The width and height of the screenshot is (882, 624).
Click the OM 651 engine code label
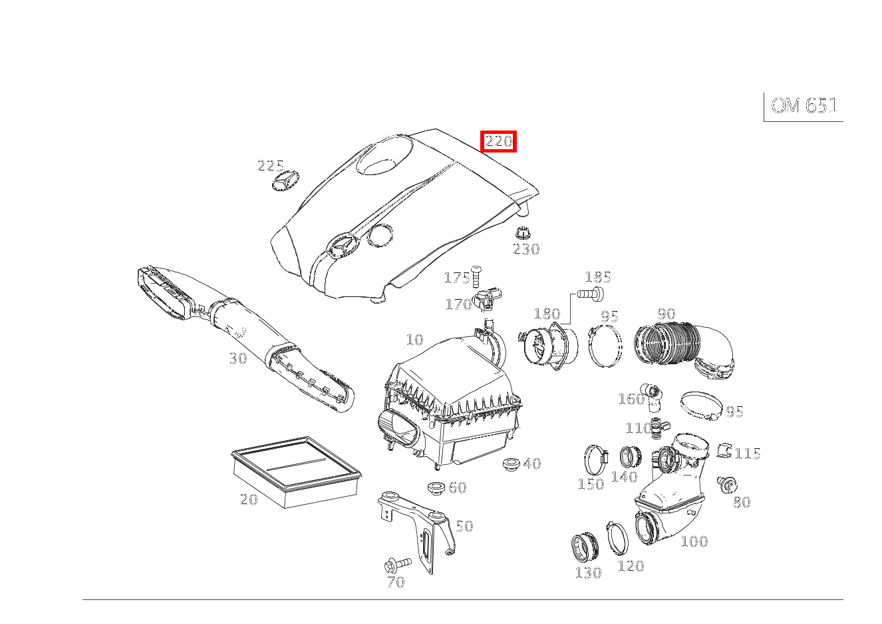[x=804, y=106]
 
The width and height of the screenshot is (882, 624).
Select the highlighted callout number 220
[x=499, y=141]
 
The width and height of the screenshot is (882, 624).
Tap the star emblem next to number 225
[x=285, y=182]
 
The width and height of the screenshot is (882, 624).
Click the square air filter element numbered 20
[x=295, y=470]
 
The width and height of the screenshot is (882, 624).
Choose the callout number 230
[x=525, y=249]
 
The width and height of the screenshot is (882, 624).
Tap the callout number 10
[x=414, y=340]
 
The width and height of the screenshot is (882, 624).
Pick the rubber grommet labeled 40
[x=512, y=463]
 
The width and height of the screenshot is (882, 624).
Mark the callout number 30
[x=237, y=358]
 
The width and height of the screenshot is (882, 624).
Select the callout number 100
[x=694, y=541]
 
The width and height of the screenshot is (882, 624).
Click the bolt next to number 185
[x=592, y=292]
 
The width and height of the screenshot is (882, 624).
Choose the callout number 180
[x=547, y=314]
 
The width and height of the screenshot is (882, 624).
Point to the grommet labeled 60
[x=436, y=488]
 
